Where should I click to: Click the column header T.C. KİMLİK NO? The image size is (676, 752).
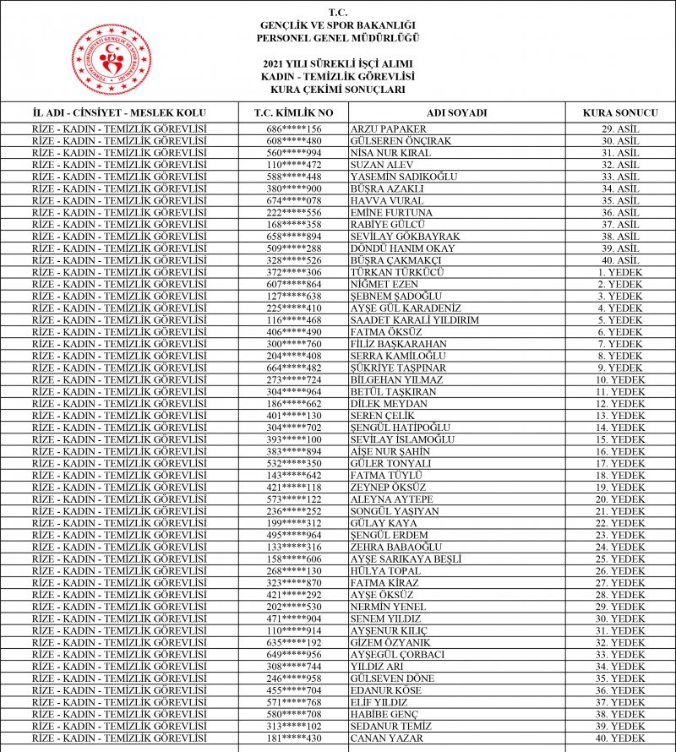click(x=294, y=112)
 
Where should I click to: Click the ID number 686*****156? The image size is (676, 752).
click(x=294, y=128)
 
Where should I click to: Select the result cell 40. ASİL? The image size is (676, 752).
click(x=620, y=260)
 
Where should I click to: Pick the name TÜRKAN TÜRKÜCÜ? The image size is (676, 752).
click(x=396, y=272)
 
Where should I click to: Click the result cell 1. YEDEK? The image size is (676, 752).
click(x=620, y=272)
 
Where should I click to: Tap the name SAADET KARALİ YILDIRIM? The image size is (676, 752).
click(x=414, y=320)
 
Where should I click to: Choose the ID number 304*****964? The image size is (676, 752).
click(x=294, y=392)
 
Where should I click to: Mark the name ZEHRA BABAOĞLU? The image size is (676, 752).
click(x=392, y=548)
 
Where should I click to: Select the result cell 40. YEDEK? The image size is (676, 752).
click(x=620, y=738)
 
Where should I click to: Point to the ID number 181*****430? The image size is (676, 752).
click(x=294, y=738)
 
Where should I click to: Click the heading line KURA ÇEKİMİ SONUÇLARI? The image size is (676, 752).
click(x=338, y=89)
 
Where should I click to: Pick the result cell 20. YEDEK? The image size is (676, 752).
click(x=620, y=499)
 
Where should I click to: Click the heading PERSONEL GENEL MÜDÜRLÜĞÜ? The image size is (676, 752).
click(x=338, y=38)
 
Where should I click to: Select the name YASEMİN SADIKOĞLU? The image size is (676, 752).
click(x=403, y=177)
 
